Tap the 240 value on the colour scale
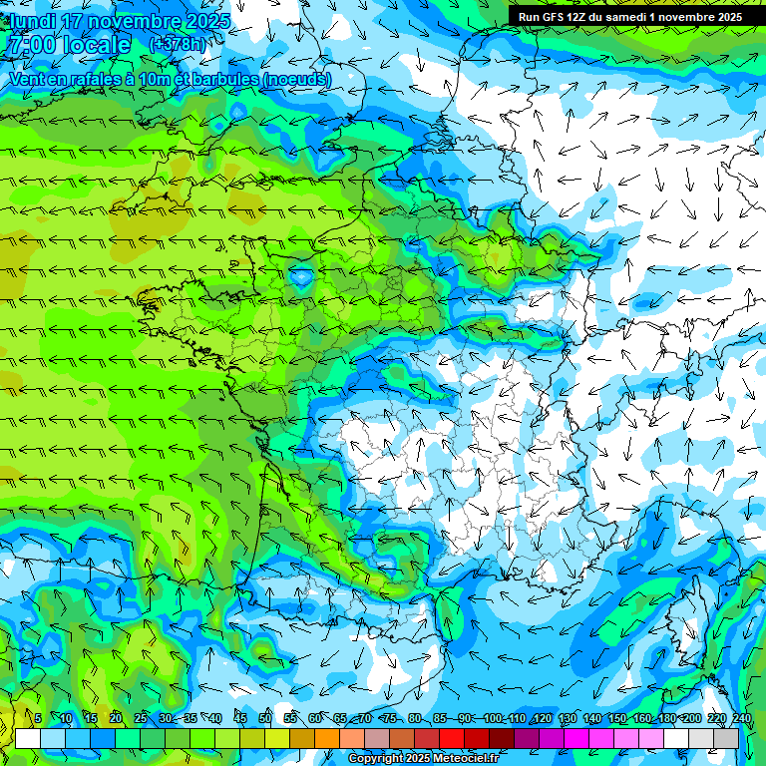coord(741,719)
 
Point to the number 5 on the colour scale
coord(38,719)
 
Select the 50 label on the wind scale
coord(265,719)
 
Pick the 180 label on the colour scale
coord(666,719)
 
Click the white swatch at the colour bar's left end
coord(28,739)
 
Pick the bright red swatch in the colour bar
coord(452,739)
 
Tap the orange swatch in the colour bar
coord(327,739)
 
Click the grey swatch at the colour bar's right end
coord(726,739)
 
